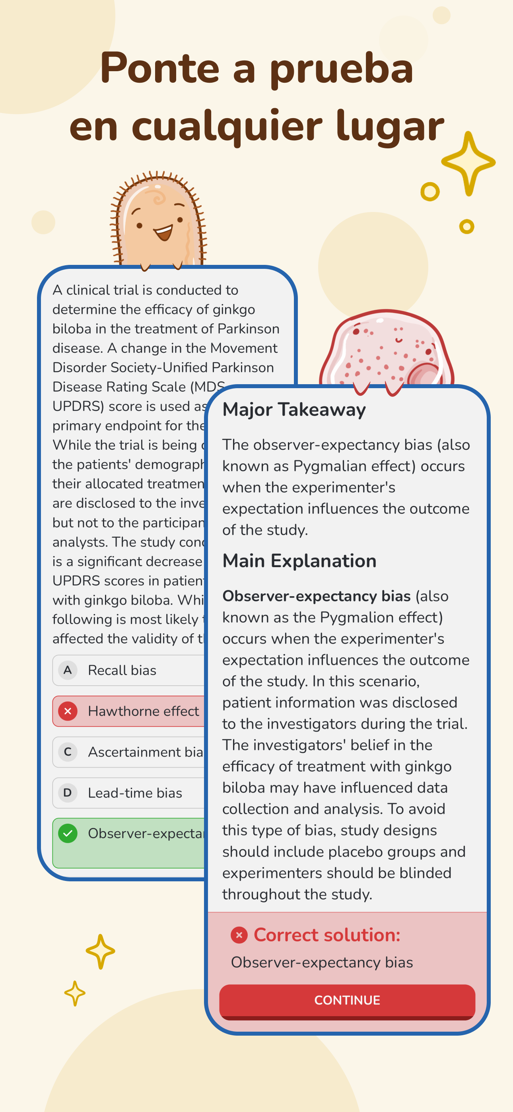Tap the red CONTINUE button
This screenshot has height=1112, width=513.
347,1000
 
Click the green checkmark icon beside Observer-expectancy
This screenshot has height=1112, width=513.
68,833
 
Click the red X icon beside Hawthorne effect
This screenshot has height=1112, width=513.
68,711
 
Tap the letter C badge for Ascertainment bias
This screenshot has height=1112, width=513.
68,752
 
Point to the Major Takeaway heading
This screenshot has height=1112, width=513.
293,409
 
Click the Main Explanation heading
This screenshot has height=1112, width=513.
299,561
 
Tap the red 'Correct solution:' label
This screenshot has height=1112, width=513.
327,935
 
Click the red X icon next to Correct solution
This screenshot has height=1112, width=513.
239,935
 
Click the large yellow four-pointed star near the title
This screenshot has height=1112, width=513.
468,163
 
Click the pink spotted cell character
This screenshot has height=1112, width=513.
386,350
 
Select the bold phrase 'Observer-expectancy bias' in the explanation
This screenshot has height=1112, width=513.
316,596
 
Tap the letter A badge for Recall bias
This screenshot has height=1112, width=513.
68,671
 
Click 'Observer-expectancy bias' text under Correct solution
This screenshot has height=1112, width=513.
322,962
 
